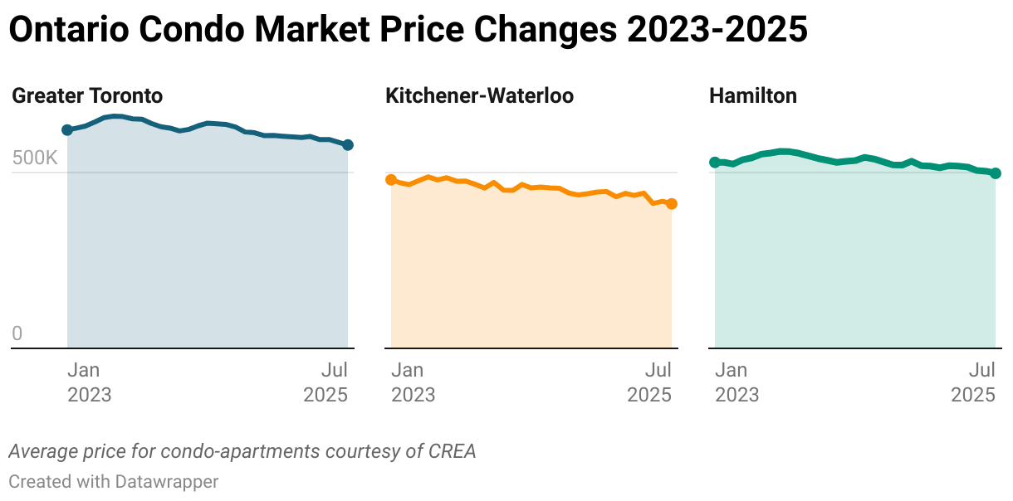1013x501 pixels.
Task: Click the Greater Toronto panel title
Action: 87,95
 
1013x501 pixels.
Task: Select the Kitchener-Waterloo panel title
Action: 479,95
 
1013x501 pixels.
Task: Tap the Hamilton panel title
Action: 752,95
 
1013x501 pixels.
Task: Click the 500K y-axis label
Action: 35,158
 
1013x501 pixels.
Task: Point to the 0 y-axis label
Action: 17,334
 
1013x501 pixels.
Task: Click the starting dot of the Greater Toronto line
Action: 67,130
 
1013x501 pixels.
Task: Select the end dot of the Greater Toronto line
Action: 348,145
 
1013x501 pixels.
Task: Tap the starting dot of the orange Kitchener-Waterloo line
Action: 391,180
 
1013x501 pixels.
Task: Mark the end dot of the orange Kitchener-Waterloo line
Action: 672,203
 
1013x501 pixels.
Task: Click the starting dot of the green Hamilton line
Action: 715,162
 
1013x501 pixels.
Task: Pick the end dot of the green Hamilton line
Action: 996,173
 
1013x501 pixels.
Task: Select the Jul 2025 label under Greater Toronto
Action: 325,382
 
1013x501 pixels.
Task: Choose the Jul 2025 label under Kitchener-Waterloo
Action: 649,382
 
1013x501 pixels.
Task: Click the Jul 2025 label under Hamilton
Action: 973,382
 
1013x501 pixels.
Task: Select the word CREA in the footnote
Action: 452,452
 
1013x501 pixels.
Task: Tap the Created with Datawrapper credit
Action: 113,481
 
